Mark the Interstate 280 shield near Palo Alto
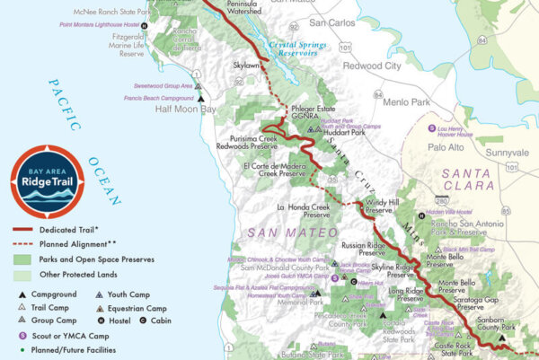(x=441, y=200)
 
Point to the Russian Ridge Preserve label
(x=364, y=248)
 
